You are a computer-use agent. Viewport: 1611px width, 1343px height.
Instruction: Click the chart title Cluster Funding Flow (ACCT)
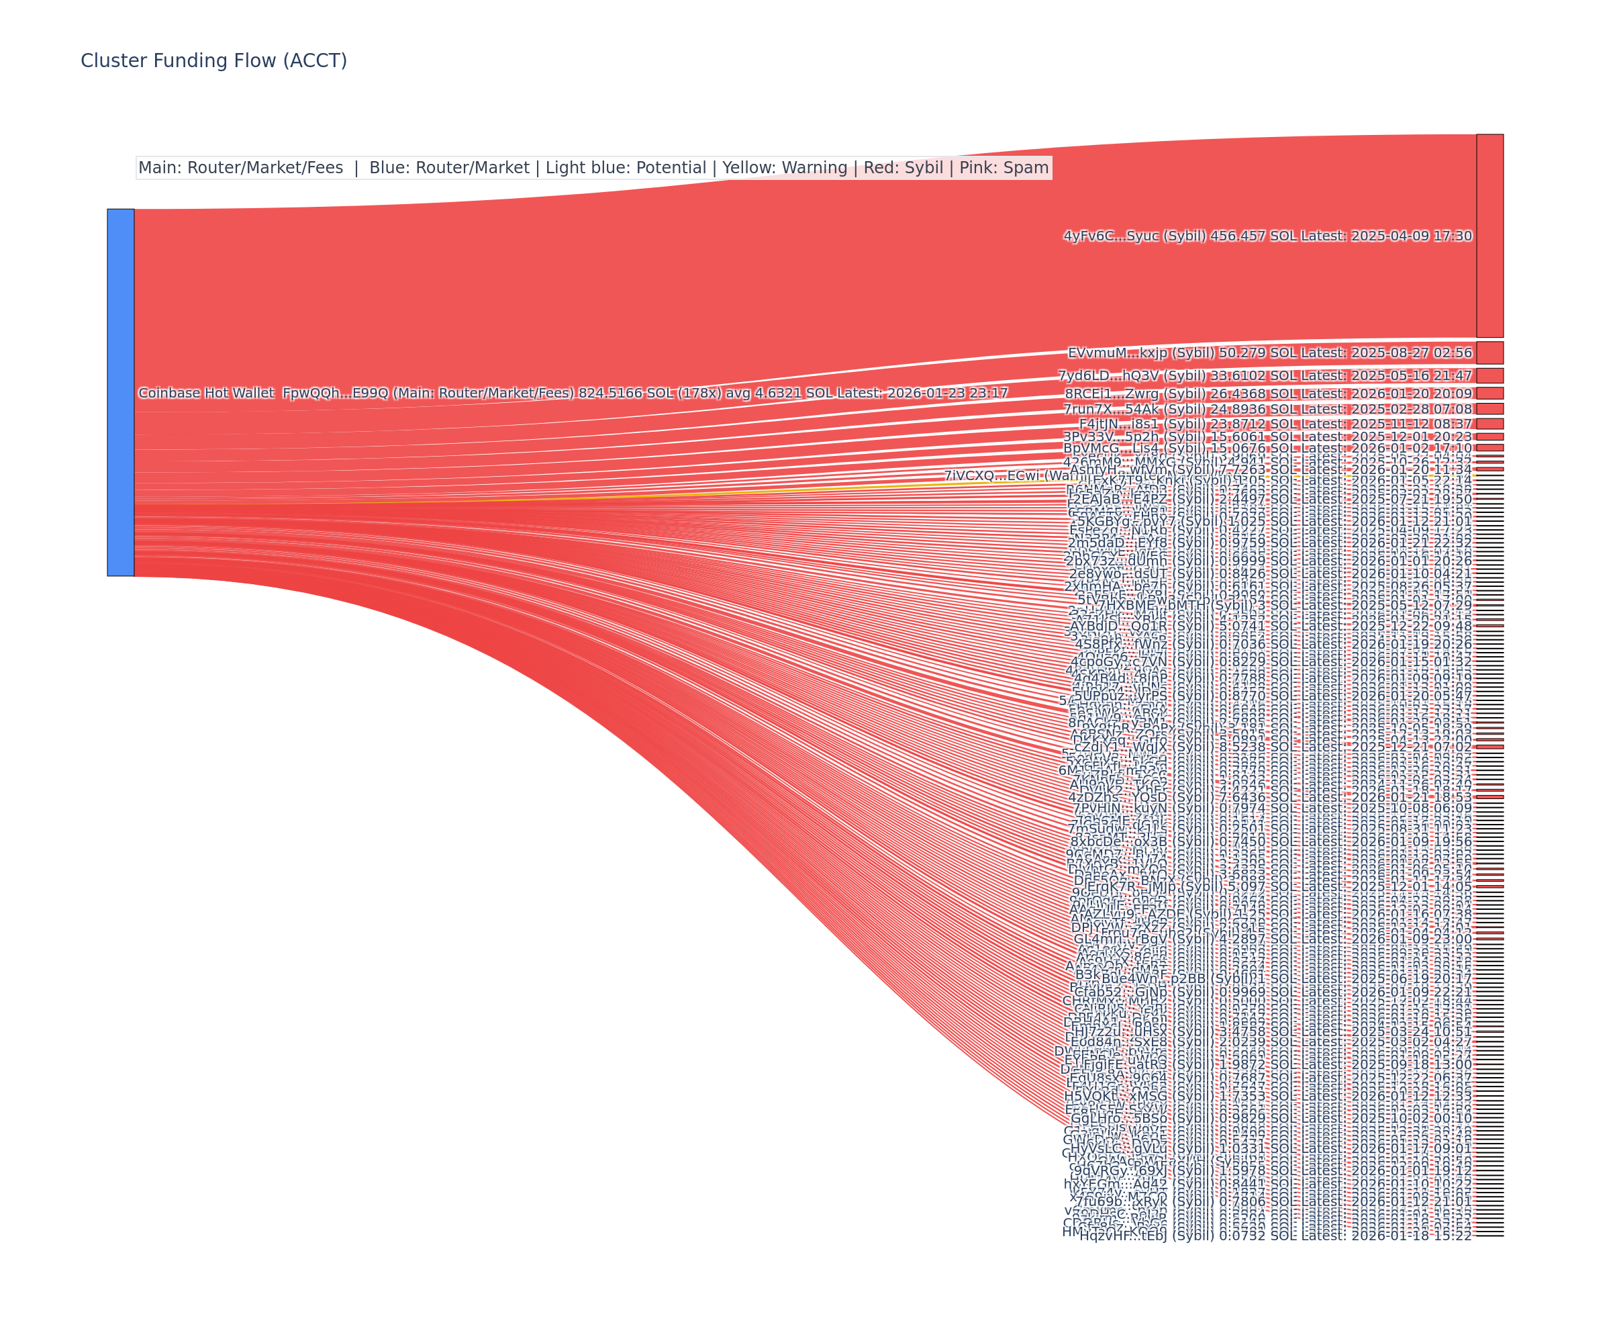(x=213, y=60)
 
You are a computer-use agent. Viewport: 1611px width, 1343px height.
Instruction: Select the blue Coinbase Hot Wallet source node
(x=120, y=392)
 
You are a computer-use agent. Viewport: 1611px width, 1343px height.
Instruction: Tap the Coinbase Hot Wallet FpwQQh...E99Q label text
(x=573, y=393)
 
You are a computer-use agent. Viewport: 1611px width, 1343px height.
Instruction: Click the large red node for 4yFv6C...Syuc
(x=1489, y=236)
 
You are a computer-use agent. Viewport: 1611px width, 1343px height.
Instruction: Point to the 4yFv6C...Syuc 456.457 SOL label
(x=1267, y=236)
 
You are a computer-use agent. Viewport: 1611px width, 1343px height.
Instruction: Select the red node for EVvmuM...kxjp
(x=1489, y=353)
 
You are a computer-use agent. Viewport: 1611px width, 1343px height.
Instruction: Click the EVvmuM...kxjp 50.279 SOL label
(x=1269, y=353)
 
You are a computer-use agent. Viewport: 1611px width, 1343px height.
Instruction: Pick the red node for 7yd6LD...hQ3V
(x=1489, y=375)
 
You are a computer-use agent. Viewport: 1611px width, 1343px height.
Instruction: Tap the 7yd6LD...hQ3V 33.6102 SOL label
(x=1265, y=375)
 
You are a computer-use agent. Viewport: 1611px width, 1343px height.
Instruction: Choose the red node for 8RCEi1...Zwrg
(x=1489, y=393)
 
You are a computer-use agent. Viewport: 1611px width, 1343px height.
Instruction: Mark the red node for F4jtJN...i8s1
(x=1489, y=424)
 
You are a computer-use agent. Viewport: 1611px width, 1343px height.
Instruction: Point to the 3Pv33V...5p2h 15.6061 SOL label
(x=1267, y=436)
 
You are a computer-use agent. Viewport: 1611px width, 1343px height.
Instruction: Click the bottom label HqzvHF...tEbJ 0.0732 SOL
(x=1275, y=1236)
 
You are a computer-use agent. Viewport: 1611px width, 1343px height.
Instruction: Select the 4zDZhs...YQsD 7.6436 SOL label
(x=1269, y=797)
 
